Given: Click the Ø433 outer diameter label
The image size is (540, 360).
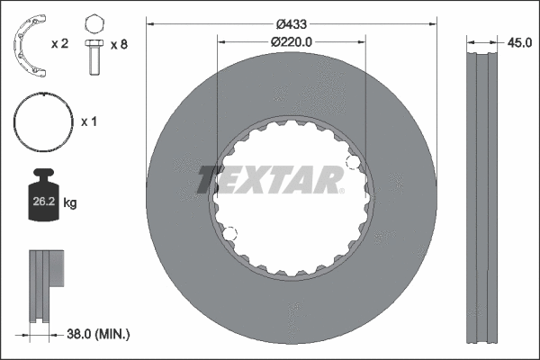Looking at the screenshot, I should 292,24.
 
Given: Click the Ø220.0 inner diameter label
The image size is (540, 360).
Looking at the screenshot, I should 292,40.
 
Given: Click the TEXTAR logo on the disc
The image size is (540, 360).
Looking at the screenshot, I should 269,179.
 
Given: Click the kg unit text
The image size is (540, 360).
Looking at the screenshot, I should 71,203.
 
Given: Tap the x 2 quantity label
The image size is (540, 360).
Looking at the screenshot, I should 60,43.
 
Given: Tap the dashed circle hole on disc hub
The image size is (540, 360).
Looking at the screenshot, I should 230,235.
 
